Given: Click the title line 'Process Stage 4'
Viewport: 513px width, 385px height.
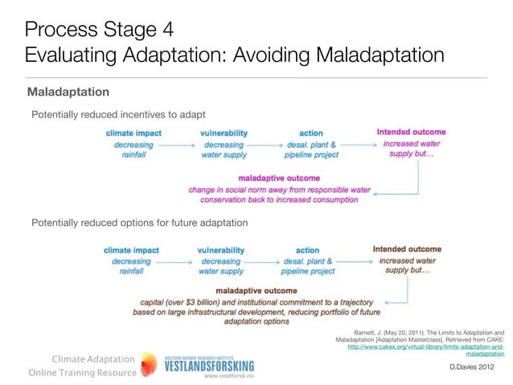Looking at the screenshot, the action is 98,31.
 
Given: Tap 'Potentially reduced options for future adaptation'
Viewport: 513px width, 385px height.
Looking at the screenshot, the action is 139,222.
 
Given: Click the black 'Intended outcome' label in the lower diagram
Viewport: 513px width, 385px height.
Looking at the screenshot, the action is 407,249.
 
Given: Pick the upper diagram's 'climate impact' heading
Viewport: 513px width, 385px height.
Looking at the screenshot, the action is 133,133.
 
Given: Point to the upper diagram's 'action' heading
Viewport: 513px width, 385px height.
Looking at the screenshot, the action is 310,133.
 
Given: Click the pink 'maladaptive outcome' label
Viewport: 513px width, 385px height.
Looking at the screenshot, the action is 279,178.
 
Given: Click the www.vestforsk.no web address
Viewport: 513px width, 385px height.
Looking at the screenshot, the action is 229,375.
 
